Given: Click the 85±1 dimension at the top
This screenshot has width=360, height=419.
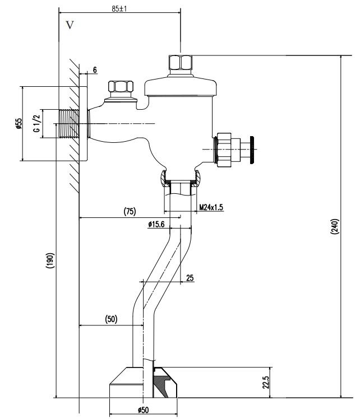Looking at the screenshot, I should point(119,9).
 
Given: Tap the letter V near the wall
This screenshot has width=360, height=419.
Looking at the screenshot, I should point(70,25).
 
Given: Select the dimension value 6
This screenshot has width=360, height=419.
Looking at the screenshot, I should point(95,70).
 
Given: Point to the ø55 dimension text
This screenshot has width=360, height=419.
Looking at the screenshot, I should point(19,124).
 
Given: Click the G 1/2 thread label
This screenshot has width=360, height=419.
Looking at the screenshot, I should point(36,124).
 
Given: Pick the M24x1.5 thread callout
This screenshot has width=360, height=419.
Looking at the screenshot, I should point(211,207).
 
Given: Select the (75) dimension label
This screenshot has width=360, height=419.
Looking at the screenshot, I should point(129,211).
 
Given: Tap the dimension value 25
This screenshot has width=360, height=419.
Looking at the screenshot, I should point(190,278).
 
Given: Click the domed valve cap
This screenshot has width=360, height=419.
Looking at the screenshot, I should point(181,86).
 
